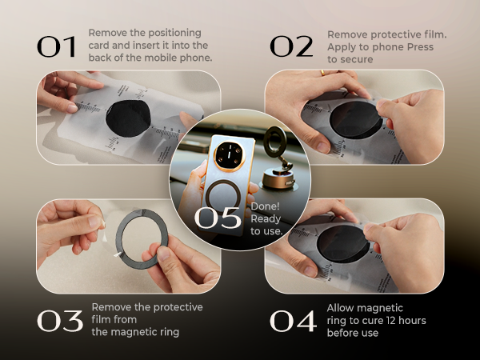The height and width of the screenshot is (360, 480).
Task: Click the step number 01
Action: point(58,47)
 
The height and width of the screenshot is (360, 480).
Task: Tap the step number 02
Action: point(291,47)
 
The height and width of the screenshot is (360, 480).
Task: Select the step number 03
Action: point(60,321)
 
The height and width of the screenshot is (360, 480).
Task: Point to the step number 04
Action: point(293,321)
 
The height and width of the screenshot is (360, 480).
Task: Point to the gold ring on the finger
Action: point(323,73)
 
